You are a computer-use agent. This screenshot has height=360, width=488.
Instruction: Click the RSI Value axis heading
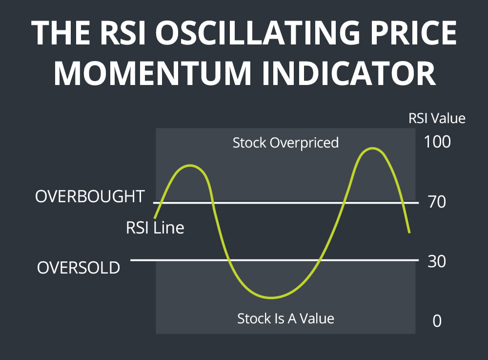tap(437, 118)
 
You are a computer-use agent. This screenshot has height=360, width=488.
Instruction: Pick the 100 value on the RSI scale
tap(437, 142)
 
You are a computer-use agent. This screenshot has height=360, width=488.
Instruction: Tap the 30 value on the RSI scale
tap(436, 261)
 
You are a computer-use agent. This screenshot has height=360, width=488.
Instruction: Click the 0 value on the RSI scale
tap(437, 321)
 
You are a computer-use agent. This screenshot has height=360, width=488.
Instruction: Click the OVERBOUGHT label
tap(90, 196)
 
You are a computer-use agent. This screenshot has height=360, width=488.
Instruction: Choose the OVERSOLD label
tap(79, 268)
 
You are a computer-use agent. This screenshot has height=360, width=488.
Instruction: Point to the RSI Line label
tap(155, 228)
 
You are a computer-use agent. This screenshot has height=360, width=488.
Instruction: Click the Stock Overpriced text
tap(285, 143)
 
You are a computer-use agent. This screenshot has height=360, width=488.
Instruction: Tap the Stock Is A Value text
tap(285, 318)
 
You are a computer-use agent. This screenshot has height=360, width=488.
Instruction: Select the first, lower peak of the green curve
tap(189, 166)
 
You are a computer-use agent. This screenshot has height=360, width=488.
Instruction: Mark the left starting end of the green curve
tap(155, 217)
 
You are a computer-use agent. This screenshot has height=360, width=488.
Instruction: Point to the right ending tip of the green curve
tap(409, 232)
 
